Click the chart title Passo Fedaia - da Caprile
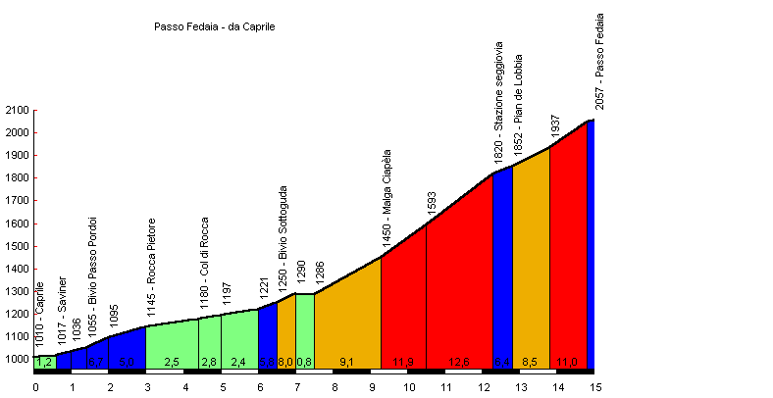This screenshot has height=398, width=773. (x=215, y=27)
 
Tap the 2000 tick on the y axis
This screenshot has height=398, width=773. (x=17, y=133)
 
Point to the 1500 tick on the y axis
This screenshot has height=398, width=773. (x=17, y=246)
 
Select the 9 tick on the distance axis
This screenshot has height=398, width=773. (x=373, y=387)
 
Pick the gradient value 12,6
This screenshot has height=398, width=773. (x=459, y=363)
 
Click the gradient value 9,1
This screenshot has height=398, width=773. (x=346, y=363)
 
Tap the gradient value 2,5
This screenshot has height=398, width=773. (x=172, y=363)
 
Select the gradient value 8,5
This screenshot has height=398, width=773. (x=530, y=363)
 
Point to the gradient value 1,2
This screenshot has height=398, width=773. (x=43, y=363)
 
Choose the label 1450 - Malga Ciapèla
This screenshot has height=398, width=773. (x=387, y=198)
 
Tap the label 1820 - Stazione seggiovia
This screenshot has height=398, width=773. (x=498, y=101)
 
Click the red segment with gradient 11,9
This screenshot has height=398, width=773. (x=403, y=304)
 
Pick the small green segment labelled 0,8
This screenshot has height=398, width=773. (x=304, y=328)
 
